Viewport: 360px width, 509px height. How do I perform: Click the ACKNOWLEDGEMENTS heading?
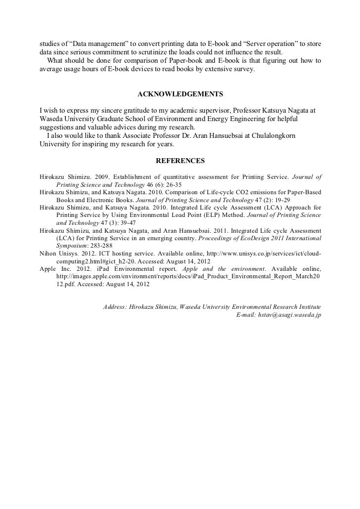click(x=180, y=94)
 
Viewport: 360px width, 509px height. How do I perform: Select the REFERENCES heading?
click(x=180, y=161)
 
